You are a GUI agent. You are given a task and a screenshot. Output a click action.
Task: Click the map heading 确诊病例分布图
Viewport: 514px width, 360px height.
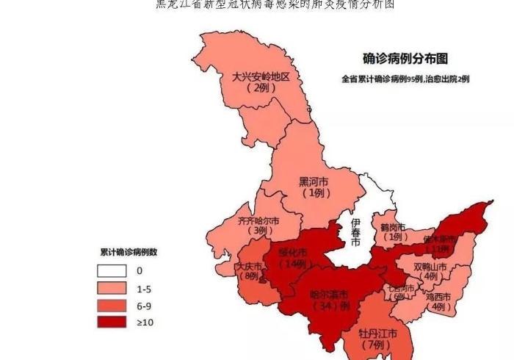click(x=405, y=59)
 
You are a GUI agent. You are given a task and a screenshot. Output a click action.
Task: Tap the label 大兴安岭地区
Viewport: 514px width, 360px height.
click(x=261, y=76)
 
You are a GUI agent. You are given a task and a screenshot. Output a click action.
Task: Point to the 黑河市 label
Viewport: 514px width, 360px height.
click(x=314, y=181)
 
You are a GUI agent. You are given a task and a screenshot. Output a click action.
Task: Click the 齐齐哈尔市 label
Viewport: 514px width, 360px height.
click(x=258, y=220)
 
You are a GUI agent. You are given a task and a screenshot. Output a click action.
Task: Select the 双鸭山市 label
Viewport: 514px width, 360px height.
click(x=430, y=267)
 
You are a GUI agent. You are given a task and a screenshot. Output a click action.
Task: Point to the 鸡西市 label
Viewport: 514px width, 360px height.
click(x=440, y=297)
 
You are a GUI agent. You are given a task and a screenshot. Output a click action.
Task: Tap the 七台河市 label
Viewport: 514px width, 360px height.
click(x=401, y=289)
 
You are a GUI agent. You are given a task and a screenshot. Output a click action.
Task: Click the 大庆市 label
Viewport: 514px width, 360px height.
click(x=248, y=266)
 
